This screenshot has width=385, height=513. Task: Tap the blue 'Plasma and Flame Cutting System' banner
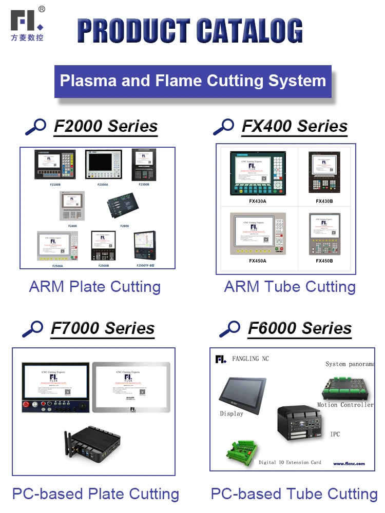pos(192,81)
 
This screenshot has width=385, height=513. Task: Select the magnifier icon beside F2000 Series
pos(35,126)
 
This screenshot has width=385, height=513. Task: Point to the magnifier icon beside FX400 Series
pos(223,126)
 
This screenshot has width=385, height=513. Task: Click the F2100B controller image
pos(54,165)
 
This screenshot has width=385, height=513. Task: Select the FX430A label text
pos(257,201)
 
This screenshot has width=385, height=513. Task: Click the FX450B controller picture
pos(324,234)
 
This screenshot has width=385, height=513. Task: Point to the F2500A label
pos(57,266)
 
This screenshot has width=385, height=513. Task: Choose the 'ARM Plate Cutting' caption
pos(95,287)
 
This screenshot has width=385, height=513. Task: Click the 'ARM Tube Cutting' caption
pos(290,287)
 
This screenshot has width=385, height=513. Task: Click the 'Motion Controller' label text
pos(345,405)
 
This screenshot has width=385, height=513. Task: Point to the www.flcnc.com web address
pos(349,463)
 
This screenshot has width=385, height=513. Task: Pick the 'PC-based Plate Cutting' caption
pos(96,494)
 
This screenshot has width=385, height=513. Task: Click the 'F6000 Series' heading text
pos(300,328)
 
